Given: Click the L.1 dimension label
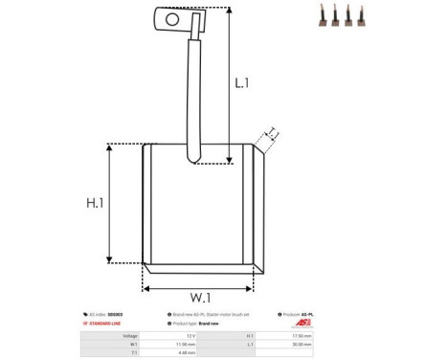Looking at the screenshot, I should tap(242, 83).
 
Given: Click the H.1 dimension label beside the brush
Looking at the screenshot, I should tap(95, 203).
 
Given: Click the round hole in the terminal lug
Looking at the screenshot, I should tap(172, 17).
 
